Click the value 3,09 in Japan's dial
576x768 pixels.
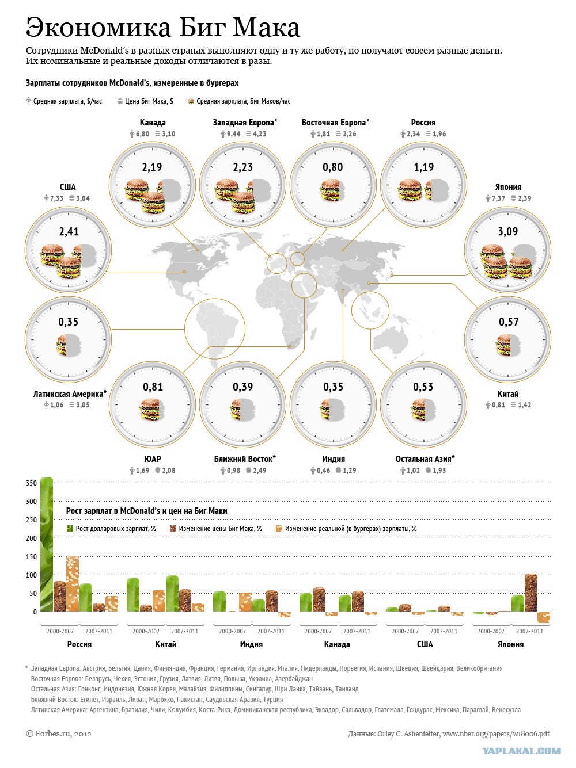(507, 232)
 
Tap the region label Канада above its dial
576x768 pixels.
(153, 123)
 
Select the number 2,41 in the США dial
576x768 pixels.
(69, 232)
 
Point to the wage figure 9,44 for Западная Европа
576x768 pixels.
(233, 134)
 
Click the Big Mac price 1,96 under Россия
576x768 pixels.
(439, 134)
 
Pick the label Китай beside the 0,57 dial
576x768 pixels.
(507, 394)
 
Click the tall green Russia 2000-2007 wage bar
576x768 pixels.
(47, 544)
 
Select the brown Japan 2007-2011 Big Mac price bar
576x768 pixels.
(530, 593)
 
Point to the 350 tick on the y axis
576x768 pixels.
(31, 483)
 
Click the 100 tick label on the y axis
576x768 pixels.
(31, 575)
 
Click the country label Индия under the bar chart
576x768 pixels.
(251, 644)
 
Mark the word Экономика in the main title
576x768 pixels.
(98, 27)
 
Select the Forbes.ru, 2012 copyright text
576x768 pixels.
(59, 733)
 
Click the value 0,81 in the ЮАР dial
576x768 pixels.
(153, 387)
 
